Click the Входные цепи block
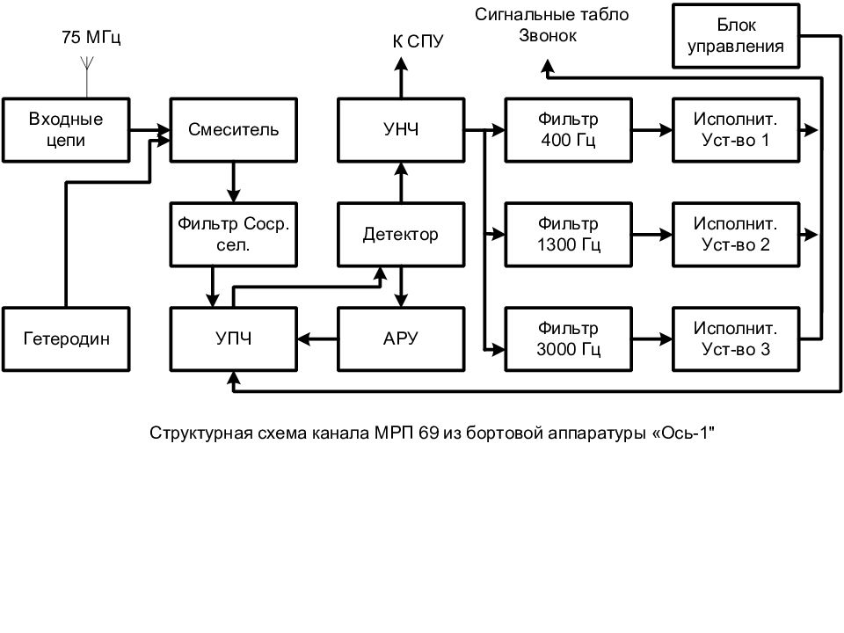[x=66, y=129]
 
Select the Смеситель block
[x=234, y=129]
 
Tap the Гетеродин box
[x=67, y=338]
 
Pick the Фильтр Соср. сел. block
[x=234, y=235]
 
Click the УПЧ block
[x=234, y=338]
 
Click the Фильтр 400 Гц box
[x=568, y=129]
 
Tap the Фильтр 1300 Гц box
[x=568, y=235]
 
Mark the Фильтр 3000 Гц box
[x=568, y=338]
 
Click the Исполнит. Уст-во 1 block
[x=737, y=129]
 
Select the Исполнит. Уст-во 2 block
[x=737, y=235]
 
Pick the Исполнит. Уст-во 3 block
[x=737, y=338]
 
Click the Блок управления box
[x=737, y=36]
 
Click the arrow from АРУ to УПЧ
[x=317, y=338]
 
